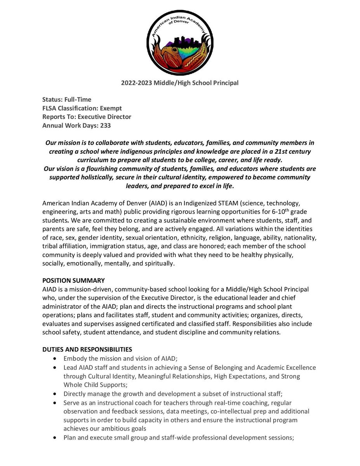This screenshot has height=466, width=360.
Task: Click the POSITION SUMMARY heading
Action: (x=73, y=280)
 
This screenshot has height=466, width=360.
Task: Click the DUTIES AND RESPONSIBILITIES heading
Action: (x=87, y=349)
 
